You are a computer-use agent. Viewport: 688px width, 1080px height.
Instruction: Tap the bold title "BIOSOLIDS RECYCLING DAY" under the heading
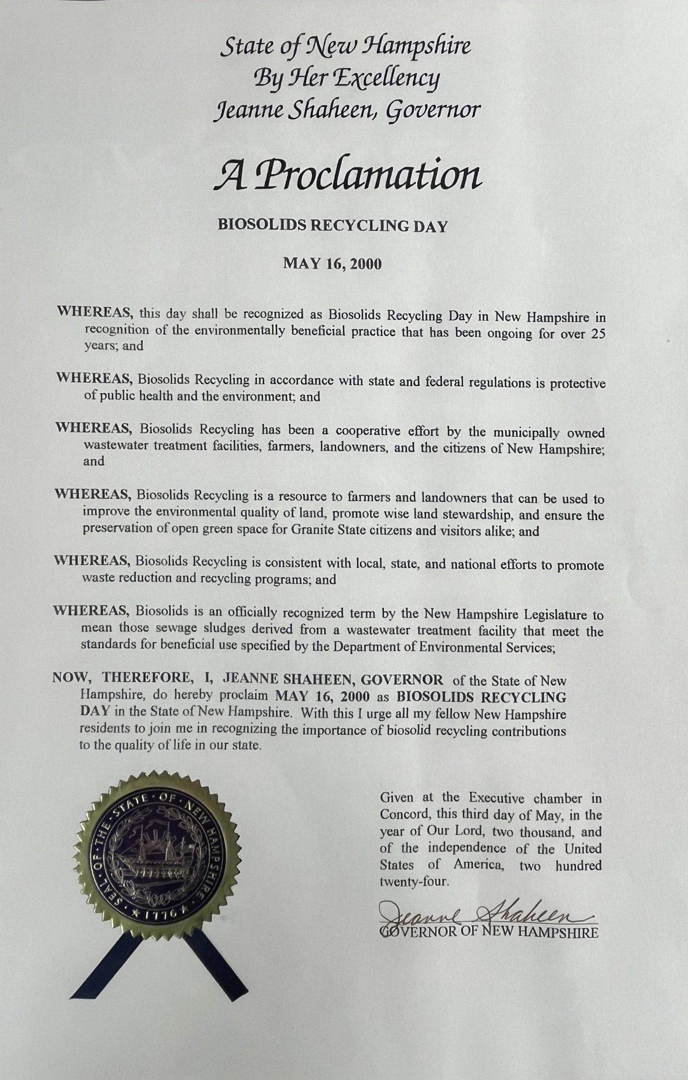pos(332,226)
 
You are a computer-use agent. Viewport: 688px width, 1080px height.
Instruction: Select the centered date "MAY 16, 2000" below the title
pos(333,264)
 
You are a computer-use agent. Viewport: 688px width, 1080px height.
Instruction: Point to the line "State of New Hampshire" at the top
pos(346,47)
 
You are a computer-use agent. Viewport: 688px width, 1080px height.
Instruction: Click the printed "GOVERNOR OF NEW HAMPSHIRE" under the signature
pos(489,933)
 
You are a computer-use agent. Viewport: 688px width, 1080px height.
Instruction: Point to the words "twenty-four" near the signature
pos(413,882)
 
